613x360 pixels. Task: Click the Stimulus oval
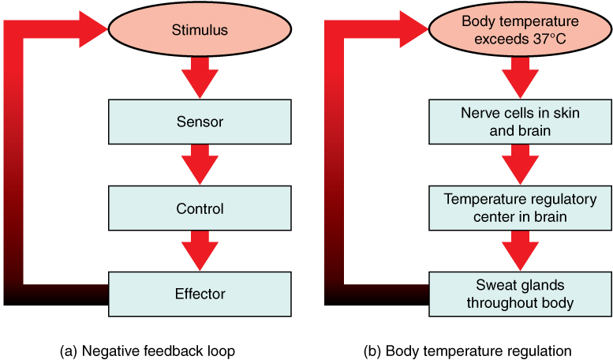200,31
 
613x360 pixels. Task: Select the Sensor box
200,122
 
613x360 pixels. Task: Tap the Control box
200,208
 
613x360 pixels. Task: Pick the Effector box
200,294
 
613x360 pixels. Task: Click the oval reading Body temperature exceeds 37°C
520,31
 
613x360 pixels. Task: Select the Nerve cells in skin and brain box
520,122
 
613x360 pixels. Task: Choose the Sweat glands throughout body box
520,294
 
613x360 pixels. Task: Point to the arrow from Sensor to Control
200,165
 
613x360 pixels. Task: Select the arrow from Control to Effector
200,251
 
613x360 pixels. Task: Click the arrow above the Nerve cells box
520,77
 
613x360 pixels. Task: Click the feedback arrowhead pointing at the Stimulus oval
88,30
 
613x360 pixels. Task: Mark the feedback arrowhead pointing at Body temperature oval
409,30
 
